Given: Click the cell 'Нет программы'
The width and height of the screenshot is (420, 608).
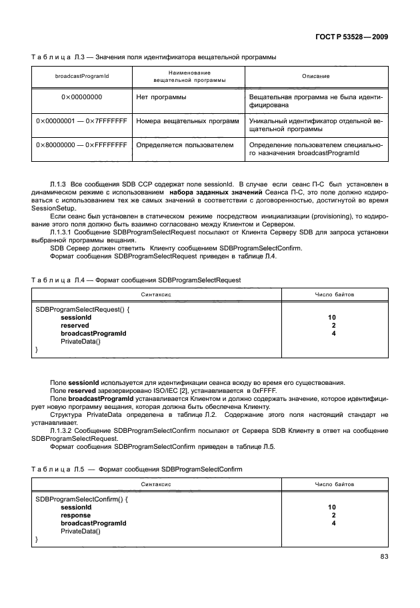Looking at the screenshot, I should (161, 97).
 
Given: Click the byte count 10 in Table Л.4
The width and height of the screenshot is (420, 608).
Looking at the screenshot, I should (332, 318).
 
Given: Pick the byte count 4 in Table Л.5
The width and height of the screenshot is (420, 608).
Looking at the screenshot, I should (332, 523).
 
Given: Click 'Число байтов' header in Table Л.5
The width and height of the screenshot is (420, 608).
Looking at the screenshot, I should (334, 484).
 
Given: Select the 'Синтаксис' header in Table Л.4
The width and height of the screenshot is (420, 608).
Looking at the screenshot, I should (157, 294).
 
